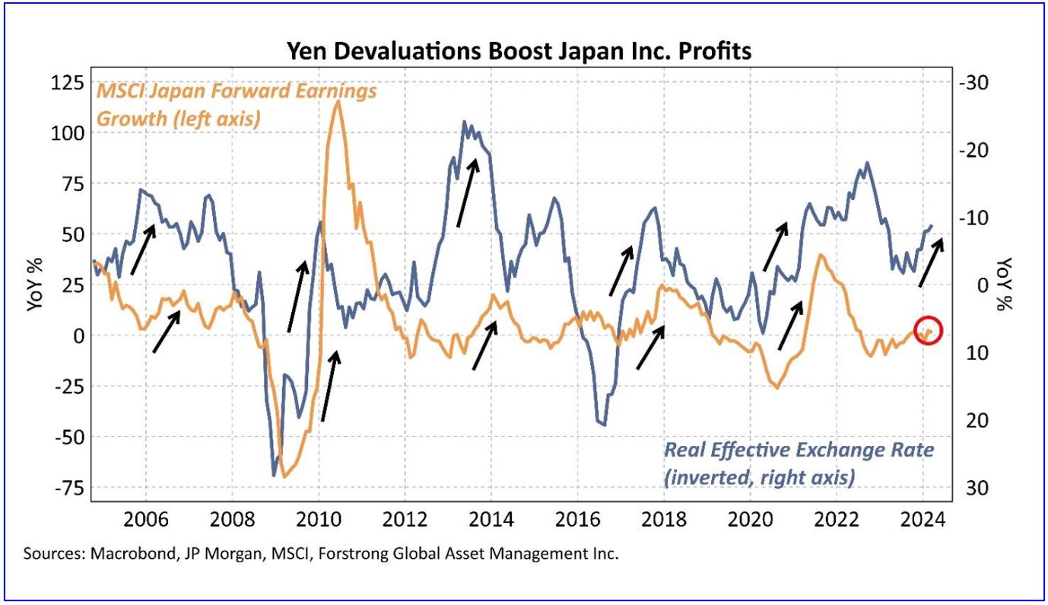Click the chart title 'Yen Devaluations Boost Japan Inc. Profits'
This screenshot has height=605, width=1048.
(519, 51)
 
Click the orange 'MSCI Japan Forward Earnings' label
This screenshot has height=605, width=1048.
(235, 91)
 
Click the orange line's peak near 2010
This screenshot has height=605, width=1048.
(337, 100)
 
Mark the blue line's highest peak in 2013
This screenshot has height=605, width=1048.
(463, 121)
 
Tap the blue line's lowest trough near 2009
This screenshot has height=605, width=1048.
(274, 476)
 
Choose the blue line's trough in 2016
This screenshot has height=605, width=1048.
(604, 425)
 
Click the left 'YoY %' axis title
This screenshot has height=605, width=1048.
(35, 285)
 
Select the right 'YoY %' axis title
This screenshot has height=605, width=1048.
(1006, 285)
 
